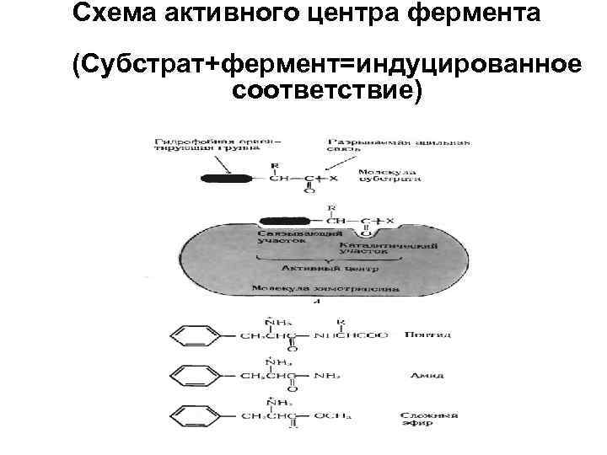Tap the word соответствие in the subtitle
pyautogui.click(x=326, y=89)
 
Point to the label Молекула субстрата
pyautogui.click(x=388, y=174)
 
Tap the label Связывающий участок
pyautogui.click(x=287, y=235)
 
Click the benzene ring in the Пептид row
pyautogui.click(x=191, y=335)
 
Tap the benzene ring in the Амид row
pyautogui.click(x=191, y=375)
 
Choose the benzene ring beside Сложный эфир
pyautogui.click(x=191, y=414)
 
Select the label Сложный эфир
pyautogui.click(x=431, y=419)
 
